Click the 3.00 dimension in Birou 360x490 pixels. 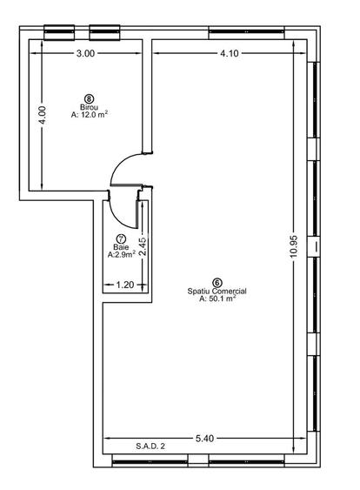[85, 53]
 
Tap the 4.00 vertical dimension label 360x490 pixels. [42, 115]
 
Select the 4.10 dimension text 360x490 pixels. [230, 53]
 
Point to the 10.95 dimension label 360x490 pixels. [294, 246]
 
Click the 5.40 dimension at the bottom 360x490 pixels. [205, 439]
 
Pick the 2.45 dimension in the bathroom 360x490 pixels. [143, 247]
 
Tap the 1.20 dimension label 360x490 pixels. [125, 285]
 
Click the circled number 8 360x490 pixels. [90, 99]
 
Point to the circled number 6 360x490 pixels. [217, 283]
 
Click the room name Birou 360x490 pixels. [89, 107]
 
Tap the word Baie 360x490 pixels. [121, 247]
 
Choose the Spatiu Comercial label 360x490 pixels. [217, 291]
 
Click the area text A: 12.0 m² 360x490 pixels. [90, 114]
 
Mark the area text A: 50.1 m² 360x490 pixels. [217, 299]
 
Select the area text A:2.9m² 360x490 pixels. [122, 254]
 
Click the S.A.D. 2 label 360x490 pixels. [150, 446]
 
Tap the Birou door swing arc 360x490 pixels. [120, 163]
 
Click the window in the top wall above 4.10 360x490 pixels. [246, 31]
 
